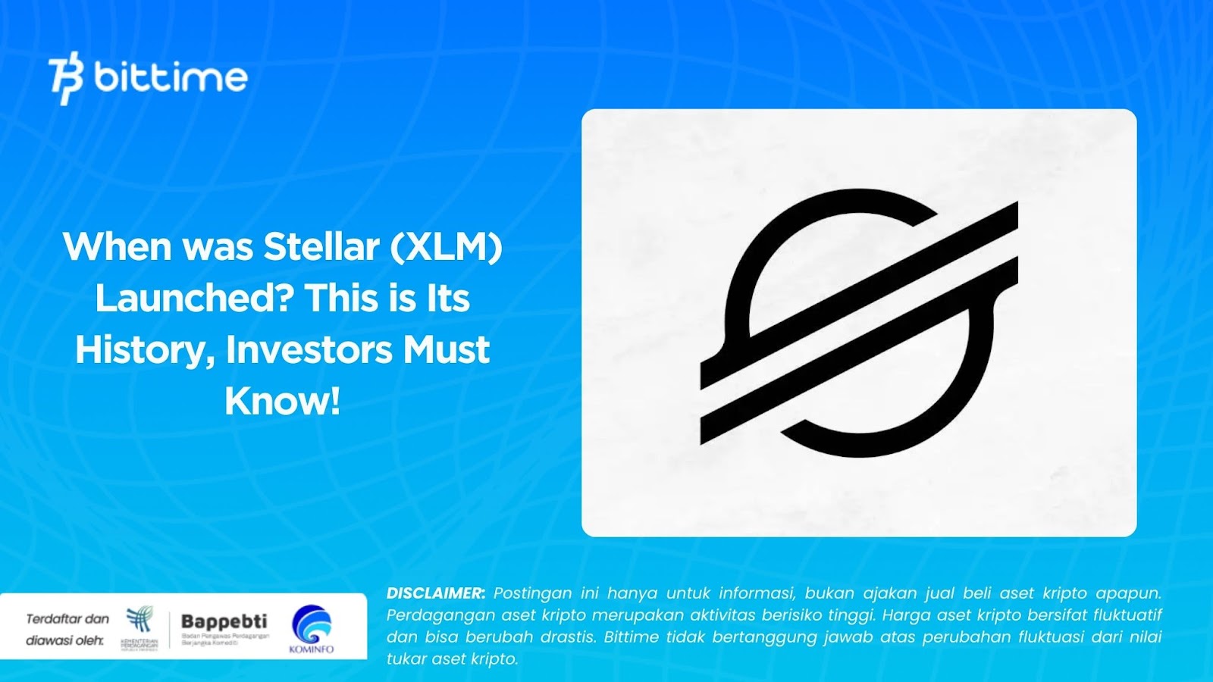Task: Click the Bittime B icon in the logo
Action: point(65,77)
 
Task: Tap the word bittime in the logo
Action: point(171,77)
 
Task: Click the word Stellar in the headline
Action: point(321,247)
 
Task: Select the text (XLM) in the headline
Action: point(447,247)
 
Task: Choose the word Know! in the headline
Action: point(282,402)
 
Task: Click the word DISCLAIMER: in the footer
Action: point(435,593)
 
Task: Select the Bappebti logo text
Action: point(224,622)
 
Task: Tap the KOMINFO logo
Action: point(312,628)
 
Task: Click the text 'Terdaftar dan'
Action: point(67,619)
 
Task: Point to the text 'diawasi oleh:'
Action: point(64,641)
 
